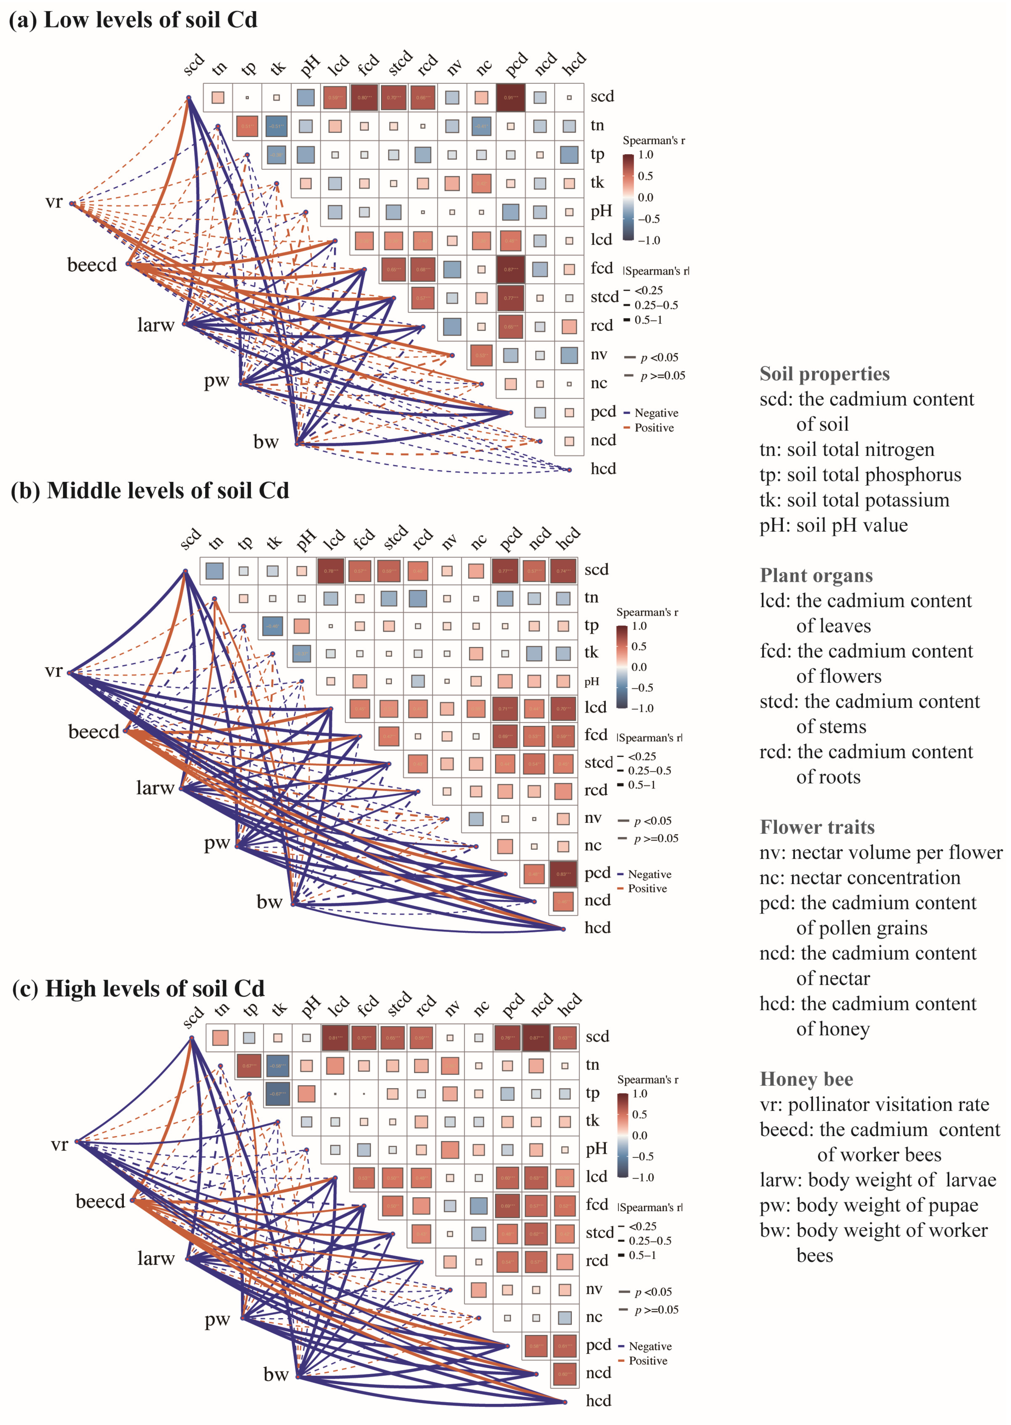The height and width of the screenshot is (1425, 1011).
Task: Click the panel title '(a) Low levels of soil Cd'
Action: click(x=133, y=20)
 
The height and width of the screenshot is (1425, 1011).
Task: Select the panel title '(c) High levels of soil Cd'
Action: click(x=139, y=988)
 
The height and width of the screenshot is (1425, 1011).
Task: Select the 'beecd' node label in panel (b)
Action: click(x=93, y=732)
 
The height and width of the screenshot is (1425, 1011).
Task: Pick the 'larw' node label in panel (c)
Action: click(x=156, y=1258)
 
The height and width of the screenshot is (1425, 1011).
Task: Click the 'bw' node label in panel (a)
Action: click(x=266, y=441)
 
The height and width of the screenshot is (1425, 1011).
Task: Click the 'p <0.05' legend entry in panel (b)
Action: click(x=652, y=821)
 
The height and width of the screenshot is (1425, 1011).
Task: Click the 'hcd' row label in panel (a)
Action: click(x=602, y=469)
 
